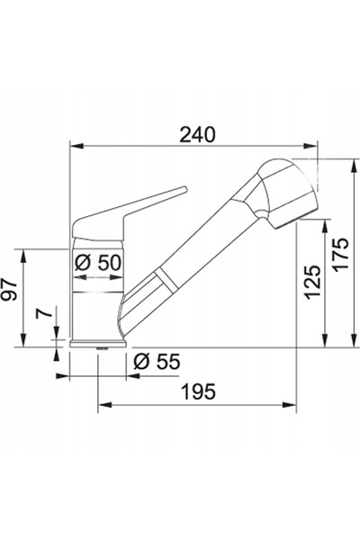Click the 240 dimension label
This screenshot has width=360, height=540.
coord(197,135)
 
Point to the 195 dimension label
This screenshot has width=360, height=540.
coord(199,391)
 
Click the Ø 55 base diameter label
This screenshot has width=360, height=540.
coord(157,362)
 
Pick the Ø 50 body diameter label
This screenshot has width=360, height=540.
coord(98,264)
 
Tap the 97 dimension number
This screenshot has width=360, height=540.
coord(9,290)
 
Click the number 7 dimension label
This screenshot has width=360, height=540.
coord(44,313)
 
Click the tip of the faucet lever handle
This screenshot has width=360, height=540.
coord(185,189)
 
